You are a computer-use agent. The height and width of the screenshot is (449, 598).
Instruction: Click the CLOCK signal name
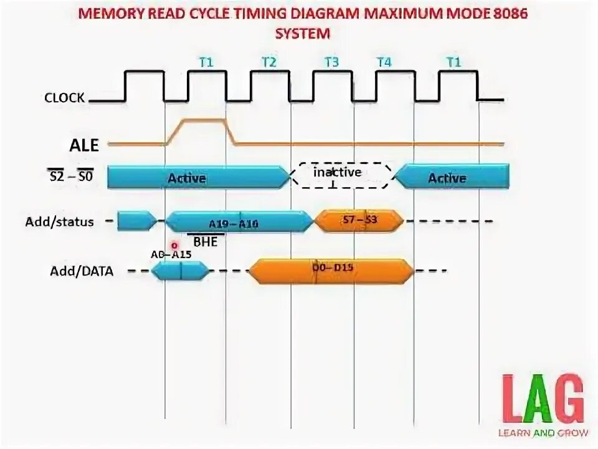coord(64,98)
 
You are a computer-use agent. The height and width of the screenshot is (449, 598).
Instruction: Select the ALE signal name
coord(83,145)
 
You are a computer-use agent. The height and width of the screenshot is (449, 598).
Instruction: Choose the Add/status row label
coord(60,221)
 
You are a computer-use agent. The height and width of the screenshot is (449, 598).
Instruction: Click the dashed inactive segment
coord(343,175)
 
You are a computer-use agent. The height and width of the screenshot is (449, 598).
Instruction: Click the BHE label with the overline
coord(206,242)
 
